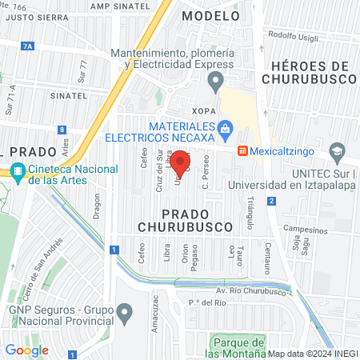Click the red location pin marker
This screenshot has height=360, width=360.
[x=182, y=163]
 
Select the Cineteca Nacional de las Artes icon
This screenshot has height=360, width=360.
[x=18, y=170]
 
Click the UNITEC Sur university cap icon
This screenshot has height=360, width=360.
[x=338, y=150]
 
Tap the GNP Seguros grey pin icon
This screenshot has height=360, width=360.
[x=124, y=310]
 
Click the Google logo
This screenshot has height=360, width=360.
[x=26, y=350]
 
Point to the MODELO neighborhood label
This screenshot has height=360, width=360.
[x=210, y=15]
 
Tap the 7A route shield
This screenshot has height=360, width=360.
[x=29, y=47]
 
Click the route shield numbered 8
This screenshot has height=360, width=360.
[x=62, y=130]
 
